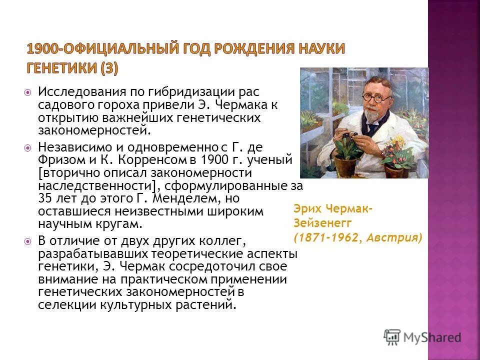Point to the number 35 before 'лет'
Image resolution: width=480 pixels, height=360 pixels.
(x=45, y=198)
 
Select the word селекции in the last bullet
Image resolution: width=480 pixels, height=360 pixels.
(x=62, y=304)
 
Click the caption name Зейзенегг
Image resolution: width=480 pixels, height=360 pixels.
(x=322, y=223)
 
